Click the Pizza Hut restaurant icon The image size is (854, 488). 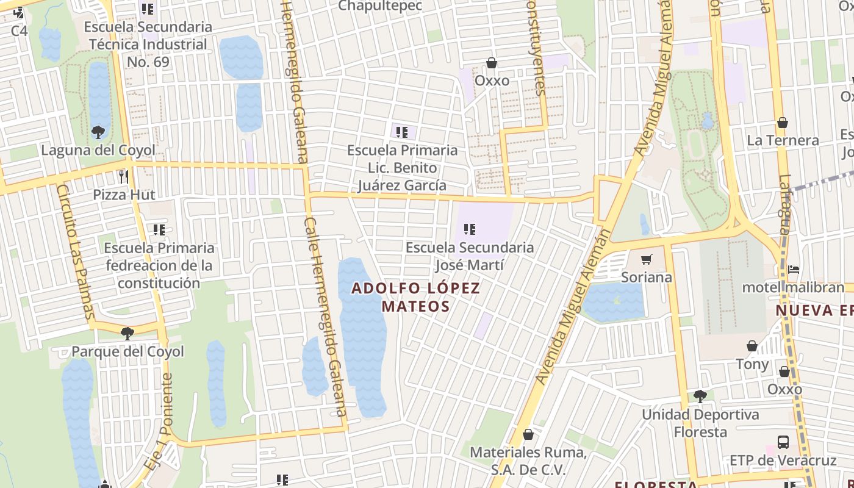coord(124,177)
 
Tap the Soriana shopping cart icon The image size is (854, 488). coord(647,260)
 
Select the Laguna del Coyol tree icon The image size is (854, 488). coord(98,132)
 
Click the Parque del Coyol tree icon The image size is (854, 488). coord(127,333)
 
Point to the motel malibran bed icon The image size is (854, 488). coord(793,269)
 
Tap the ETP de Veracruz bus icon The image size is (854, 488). coord(783,442)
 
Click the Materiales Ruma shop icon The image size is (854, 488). coord(528,434)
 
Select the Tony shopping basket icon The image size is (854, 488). coord(752,346)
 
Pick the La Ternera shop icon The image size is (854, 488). coord(783,123)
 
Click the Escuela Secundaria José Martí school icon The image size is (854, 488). coord(469,229)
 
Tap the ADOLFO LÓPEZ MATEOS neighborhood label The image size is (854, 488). coord(416,297)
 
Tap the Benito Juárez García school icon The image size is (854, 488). coord(402,132)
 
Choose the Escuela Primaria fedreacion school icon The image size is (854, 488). coord(159,230)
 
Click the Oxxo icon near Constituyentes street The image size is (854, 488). coord(492,63)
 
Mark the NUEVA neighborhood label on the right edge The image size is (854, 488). coord(814,310)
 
